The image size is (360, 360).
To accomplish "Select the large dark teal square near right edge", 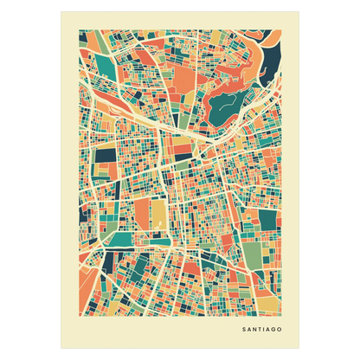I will click(268, 220).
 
